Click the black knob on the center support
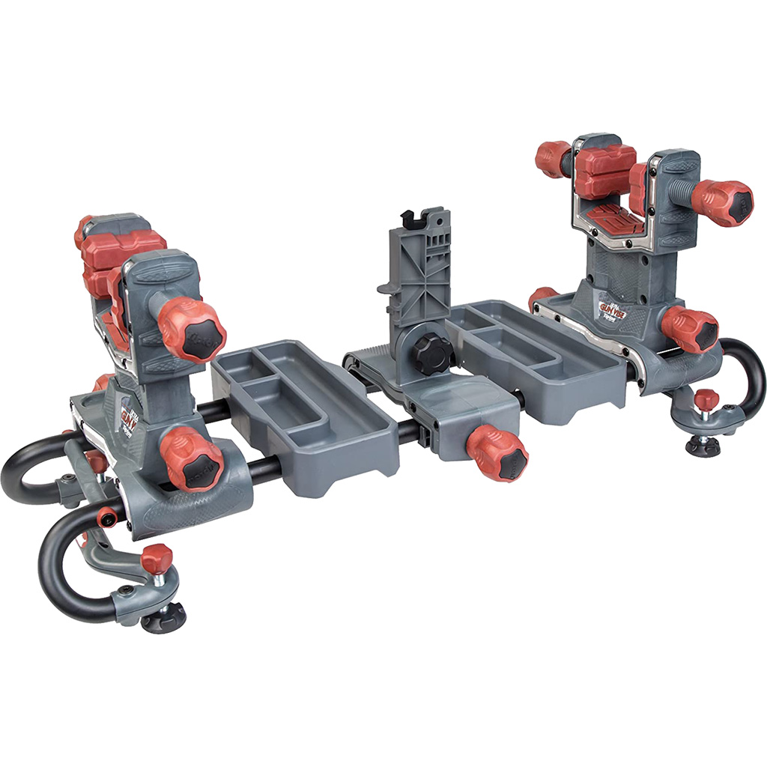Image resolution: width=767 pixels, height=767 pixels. pyautogui.click(x=432, y=354)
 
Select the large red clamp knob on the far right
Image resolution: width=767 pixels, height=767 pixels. pyautogui.click(x=723, y=202)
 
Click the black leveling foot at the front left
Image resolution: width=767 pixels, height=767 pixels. pyautogui.click(x=163, y=618)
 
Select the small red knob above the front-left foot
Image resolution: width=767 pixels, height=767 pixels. pyautogui.click(x=157, y=558)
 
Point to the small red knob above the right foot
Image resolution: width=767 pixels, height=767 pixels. pyautogui.click(x=706, y=399)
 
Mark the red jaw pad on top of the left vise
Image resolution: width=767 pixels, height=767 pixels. pyautogui.click(x=124, y=243)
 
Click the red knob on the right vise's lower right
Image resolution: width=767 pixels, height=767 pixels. pyautogui.click(x=689, y=329)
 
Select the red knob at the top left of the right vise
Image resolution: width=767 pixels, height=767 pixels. pyautogui.click(x=553, y=158)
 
